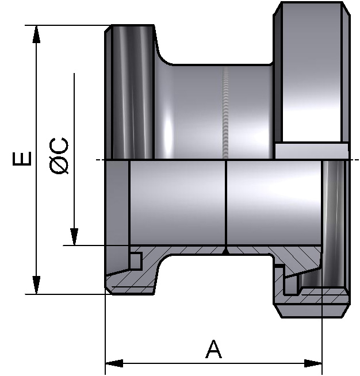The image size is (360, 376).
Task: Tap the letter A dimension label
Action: coord(213,349)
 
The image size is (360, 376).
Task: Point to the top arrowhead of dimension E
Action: coord(36,34)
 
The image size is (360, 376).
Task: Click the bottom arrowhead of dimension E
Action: coord(36,285)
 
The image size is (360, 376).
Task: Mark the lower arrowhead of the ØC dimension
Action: coord(74,237)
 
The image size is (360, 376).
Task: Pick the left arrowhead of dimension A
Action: coord(114,363)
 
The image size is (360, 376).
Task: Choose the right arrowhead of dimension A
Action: coord(313,363)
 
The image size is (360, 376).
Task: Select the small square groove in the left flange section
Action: coord(136,260)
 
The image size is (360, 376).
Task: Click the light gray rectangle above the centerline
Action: coord(311,151)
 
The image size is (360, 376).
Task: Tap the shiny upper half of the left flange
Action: coord(129,92)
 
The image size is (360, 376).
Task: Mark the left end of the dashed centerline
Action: coord(98,160)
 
